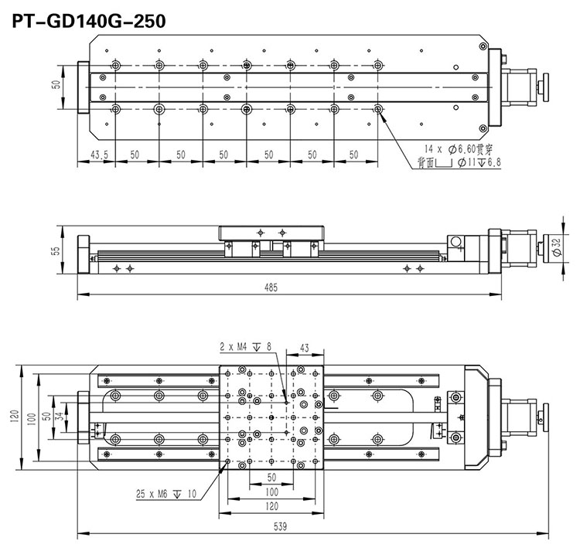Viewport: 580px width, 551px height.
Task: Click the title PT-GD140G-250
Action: pyautogui.click(x=87, y=21)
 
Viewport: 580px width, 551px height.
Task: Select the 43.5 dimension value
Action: pyautogui.click(x=99, y=155)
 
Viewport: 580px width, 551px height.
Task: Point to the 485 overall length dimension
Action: pyautogui.click(x=270, y=287)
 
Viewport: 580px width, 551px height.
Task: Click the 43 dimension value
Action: pyautogui.click(x=304, y=347)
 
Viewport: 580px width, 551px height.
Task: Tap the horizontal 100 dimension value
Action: pyautogui.click(x=271, y=491)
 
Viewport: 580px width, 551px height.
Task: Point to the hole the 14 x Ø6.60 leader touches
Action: pyautogui.click(x=378, y=110)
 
